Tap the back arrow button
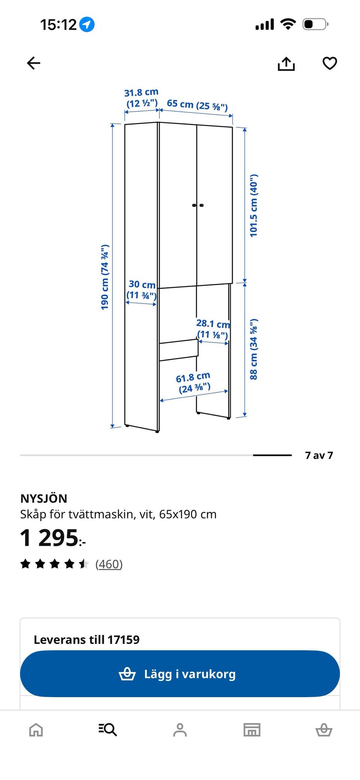(x=33, y=63)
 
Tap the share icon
(x=286, y=63)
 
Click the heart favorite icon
(x=330, y=63)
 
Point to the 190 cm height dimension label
(x=105, y=277)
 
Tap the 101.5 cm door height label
(x=254, y=205)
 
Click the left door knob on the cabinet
(x=194, y=205)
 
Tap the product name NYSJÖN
(x=44, y=499)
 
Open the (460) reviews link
(x=109, y=564)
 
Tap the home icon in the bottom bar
(x=36, y=730)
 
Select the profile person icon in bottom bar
(x=180, y=730)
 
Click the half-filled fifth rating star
(x=84, y=564)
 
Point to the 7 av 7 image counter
(x=319, y=455)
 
